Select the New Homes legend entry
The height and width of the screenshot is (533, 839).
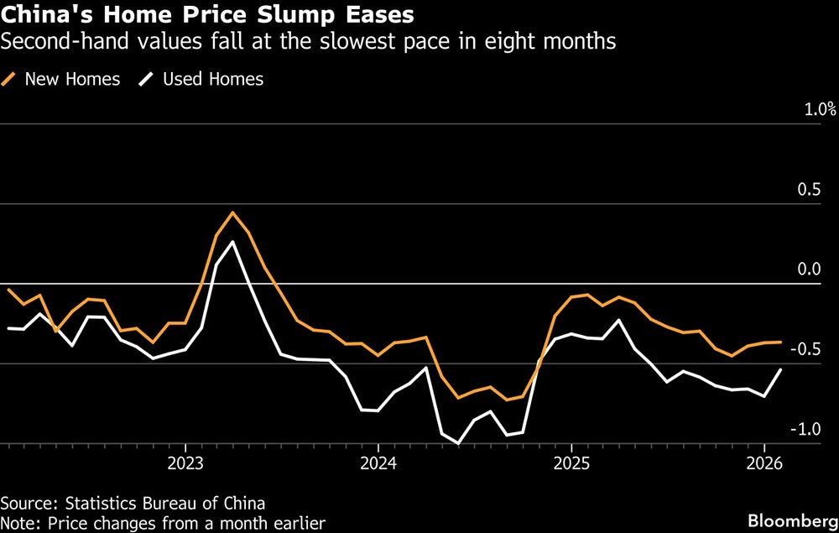[x=61, y=79]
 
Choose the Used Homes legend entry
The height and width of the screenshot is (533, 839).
[x=201, y=79]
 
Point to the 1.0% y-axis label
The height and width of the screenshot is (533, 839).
[x=821, y=110]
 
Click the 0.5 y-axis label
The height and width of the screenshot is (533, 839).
[x=809, y=190]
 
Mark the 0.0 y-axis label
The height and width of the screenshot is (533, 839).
[x=809, y=269]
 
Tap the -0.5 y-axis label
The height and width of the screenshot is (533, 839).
[x=805, y=349]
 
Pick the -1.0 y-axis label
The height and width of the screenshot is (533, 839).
[x=805, y=429]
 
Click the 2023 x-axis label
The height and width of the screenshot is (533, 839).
[x=185, y=463]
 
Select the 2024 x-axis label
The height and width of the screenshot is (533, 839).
[x=378, y=463]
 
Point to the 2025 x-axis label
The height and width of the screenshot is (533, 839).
[x=571, y=463]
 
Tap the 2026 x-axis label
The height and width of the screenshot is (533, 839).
[x=764, y=463]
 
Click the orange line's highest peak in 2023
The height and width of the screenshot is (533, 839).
[x=232, y=212]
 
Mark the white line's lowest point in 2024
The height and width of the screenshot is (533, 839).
[x=458, y=443]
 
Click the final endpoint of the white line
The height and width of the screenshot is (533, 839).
[x=780, y=369]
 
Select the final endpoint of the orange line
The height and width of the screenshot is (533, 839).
[x=780, y=342]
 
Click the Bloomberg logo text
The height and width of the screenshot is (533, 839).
[x=793, y=521]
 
